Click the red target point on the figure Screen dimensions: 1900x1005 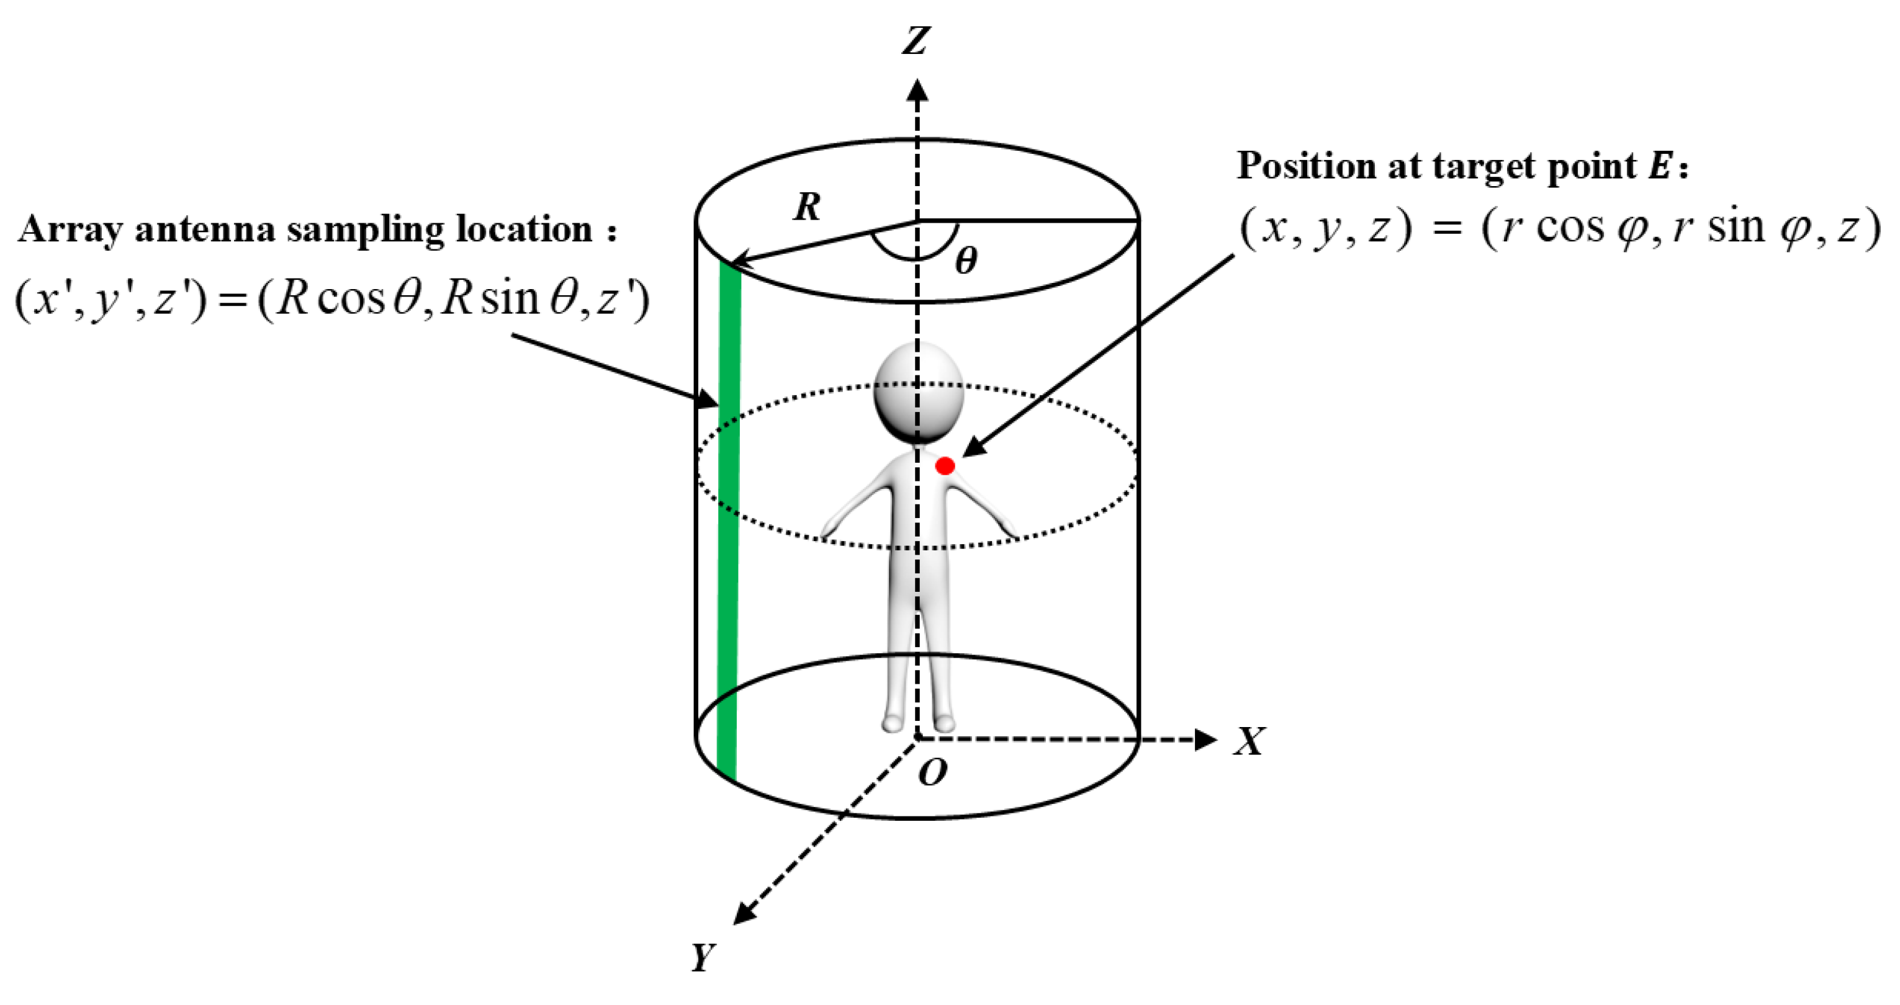(945, 466)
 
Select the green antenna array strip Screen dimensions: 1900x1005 (728, 516)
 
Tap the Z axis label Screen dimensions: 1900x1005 (916, 40)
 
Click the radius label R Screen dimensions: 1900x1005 (807, 207)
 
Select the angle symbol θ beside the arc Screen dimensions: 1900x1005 (965, 261)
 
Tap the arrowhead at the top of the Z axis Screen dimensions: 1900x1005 (917, 90)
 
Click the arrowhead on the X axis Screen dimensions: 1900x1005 (1204, 739)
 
